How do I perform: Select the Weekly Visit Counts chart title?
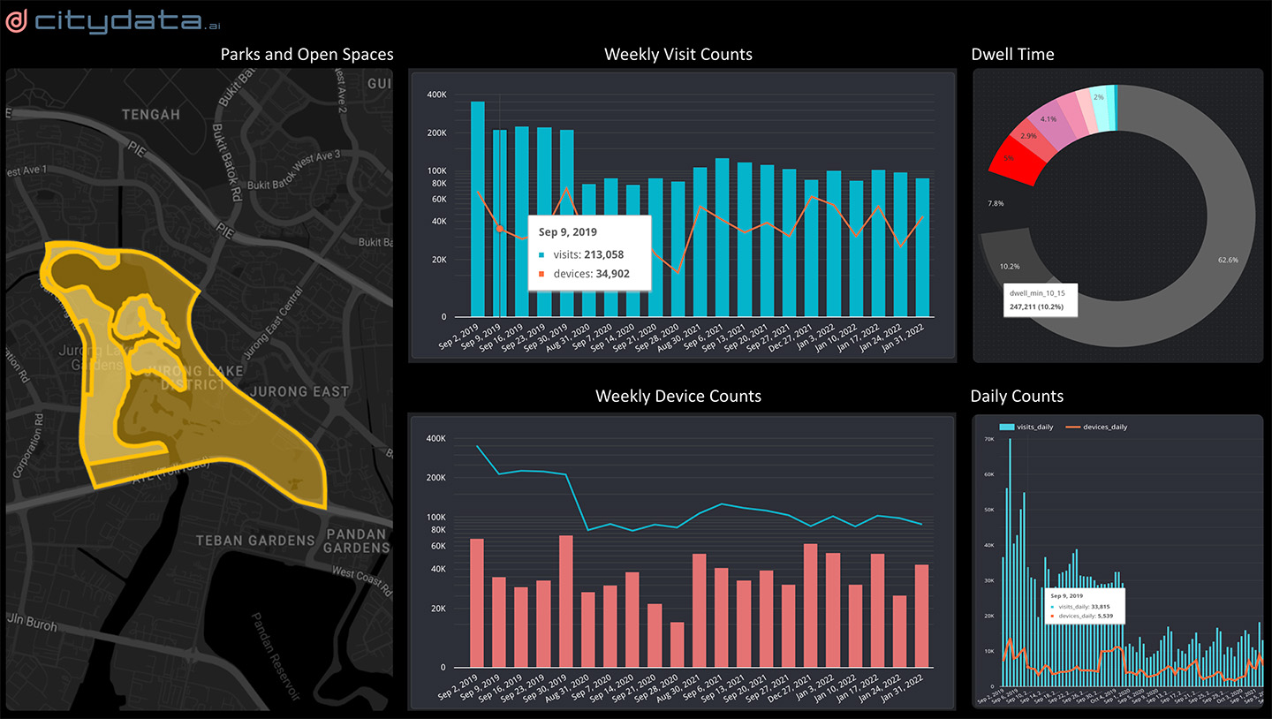(678, 55)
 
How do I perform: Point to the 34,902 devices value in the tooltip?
(604, 274)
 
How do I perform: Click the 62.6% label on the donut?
(1227, 261)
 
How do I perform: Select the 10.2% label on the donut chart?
(1009, 266)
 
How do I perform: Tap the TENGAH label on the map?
(150, 114)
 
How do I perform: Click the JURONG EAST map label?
(299, 391)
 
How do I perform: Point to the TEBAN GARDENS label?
(254, 541)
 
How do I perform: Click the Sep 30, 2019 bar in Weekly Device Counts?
(566, 601)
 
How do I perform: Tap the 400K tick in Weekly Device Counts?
(435, 438)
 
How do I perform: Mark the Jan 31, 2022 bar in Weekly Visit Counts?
(921, 247)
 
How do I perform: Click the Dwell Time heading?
(1012, 55)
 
